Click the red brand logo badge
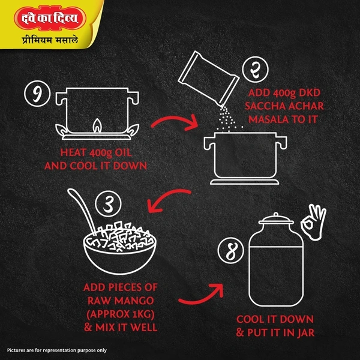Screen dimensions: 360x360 [x=50, y=19]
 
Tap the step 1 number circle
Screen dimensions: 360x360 [x=37, y=94]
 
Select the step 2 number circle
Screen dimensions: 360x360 [x=255, y=70]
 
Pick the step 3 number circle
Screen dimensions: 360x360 [x=109, y=204]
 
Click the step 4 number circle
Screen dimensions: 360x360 [x=231, y=250]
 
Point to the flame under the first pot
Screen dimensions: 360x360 [x=97, y=125]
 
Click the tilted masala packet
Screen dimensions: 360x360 [x=208, y=77]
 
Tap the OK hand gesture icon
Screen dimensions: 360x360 [x=314, y=222]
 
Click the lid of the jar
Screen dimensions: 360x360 [x=276, y=220]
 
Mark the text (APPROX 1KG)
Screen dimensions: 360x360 [x=121, y=314]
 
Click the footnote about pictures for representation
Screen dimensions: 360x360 [x=57, y=350]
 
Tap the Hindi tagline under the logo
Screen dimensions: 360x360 [x=50, y=40]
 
